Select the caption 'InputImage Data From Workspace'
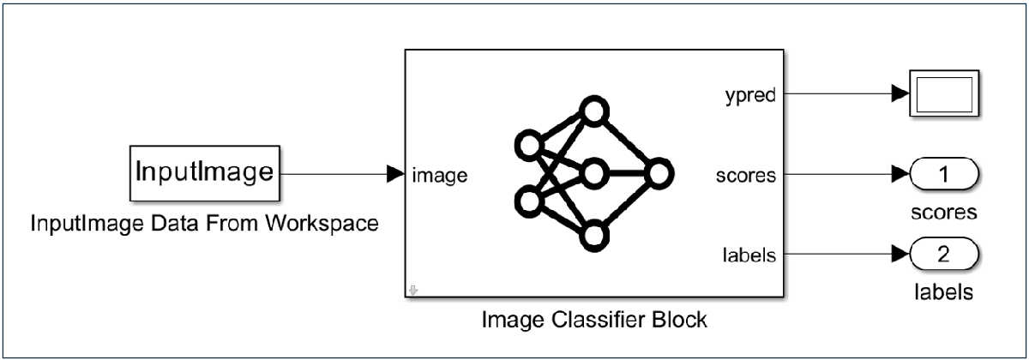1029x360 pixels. click(x=205, y=224)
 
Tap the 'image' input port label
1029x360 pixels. click(x=439, y=176)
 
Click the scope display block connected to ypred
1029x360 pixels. click(x=946, y=94)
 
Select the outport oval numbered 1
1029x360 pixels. click(x=944, y=176)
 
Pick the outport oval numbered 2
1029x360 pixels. click(x=944, y=255)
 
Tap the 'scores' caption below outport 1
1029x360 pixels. click(x=943, y=213)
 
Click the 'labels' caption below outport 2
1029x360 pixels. click(x=943, y=292)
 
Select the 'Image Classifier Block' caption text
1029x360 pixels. click(x=593, y=321)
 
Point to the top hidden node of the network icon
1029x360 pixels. click(x=593, y=112)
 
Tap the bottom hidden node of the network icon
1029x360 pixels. click(x=593, y=236)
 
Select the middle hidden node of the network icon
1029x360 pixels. click(x=593, y=175)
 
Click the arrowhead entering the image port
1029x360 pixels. click(x=395, y=175)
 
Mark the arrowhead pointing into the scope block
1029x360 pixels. click(x=900, y=94)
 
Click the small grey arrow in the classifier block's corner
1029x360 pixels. click(x=413, y=291)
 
